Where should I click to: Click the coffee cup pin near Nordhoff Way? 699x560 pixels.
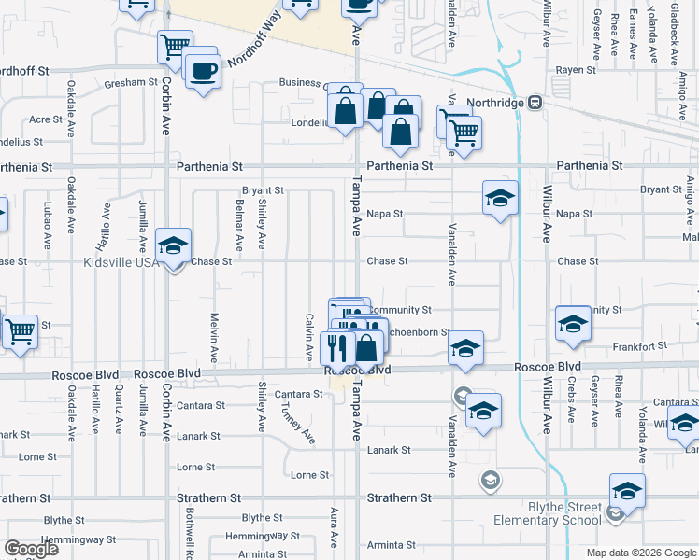pos(203,71)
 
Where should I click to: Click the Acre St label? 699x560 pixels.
pos(45,119)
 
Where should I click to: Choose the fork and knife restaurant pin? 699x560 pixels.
pos(337,348)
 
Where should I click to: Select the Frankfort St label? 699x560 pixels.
pos(640,346)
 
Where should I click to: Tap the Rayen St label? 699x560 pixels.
pos(576,70)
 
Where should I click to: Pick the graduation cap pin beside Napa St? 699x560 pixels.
pos(500,198)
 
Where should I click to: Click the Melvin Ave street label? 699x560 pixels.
pos(214,337)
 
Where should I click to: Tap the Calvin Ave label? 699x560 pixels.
pos(308,337)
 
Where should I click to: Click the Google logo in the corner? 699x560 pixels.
pos(32,549)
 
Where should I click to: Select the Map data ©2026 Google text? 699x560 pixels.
pos(641,553)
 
